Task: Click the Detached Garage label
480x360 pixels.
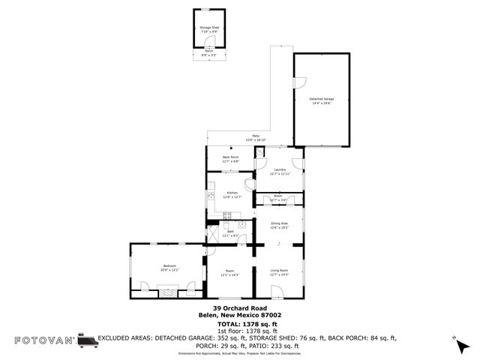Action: pyautogui.click(x=322, y=99)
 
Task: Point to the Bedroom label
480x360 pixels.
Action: pyautogui.click(x=169, y=265)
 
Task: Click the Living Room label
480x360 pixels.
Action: pyautogui.click(x=279, y=271)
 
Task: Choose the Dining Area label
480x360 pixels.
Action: pyautogui.click(x=279, y=223)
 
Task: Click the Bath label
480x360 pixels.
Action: pyautogui.click(x=231, y=232)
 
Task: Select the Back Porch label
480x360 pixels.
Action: pyautogui.click(x=230, y=157)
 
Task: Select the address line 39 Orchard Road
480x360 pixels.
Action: pyautogui.click(x=239, y=308)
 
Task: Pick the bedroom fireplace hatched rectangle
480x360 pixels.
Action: pyautogui.click(x=166, y=291)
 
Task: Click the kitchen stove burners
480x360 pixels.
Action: pyautogui.click(x=244, y=223)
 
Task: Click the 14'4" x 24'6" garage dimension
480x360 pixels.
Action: pyautogui.click(x=322, y=103)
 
